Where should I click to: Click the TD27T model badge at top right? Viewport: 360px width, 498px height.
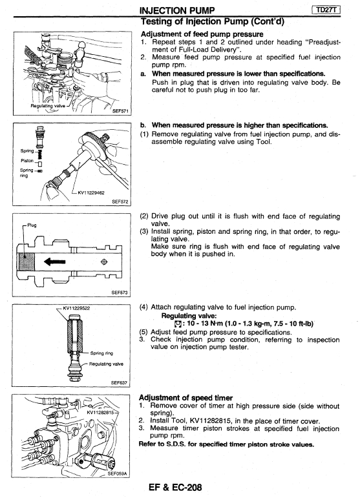coord(326,10)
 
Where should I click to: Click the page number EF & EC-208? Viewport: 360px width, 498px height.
coord(175,487)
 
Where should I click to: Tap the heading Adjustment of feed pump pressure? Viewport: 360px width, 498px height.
coord(202,34)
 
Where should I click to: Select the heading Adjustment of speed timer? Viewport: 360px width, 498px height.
coord(186,398)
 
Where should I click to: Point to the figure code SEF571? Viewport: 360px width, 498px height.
coord(120,111)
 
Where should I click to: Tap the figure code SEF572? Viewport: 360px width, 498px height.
coord(120,202)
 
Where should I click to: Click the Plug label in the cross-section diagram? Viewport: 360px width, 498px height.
coord(32,225)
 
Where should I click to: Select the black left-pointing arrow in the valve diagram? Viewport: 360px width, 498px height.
coord(55,262)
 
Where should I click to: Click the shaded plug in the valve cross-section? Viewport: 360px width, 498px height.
coord(26,262)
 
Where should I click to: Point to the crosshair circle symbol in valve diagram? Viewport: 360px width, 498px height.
coord(104,262)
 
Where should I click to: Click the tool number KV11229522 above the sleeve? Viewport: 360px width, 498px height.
coord(76,307)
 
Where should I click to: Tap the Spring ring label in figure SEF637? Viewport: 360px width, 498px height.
coord(101,353)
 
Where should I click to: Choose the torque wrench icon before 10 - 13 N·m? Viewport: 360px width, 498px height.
coord(178,324)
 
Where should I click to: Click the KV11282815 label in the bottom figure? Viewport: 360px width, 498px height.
coord(100,412)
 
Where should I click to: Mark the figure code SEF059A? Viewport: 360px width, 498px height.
coord(117,473)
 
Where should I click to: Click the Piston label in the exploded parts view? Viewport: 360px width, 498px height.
coord(27,161)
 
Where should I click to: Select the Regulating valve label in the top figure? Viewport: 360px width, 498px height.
coord(48,106)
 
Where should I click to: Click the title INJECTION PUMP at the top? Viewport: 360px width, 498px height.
coord(177,10)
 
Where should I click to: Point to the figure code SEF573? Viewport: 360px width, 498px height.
coord(120,293)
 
